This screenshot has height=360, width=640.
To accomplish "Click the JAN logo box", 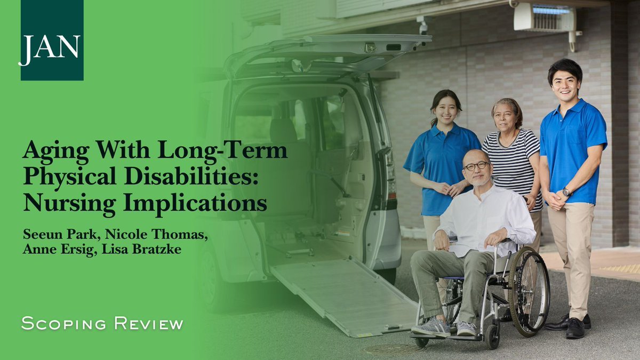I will coord(52,40).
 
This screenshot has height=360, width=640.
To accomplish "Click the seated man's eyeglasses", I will coord(476,166).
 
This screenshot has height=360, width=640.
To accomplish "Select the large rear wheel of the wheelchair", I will coord(528,291).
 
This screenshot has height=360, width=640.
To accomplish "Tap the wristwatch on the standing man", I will coord(566,192).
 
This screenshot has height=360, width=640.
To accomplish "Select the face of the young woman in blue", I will coord(446,109).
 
